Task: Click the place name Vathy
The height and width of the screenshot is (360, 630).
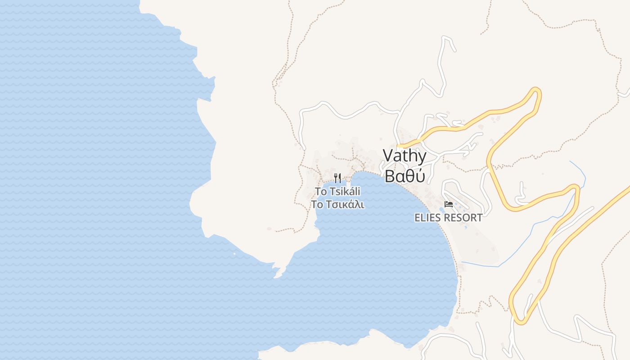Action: click(x=405, y=156)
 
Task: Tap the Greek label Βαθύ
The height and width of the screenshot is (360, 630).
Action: click(x=405, y=176)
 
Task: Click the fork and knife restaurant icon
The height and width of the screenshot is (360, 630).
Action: click(x=337, y=178)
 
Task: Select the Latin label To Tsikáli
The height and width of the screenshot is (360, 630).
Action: click(x=337, y=191)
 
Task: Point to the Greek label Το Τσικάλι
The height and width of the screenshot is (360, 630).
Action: click(x=337, y=204)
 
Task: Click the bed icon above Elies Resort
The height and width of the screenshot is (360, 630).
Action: click(x=448, y=204)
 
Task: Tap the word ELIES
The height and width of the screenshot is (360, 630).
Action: click(x=428, y=218)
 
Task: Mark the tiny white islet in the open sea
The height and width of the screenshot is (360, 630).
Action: click(x=234, y=254)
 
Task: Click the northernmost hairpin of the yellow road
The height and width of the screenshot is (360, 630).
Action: click(x=536, y=91)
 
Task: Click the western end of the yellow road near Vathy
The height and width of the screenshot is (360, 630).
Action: click(x=400, y=146)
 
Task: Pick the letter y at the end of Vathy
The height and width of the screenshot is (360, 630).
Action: click(x=422, y=157)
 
